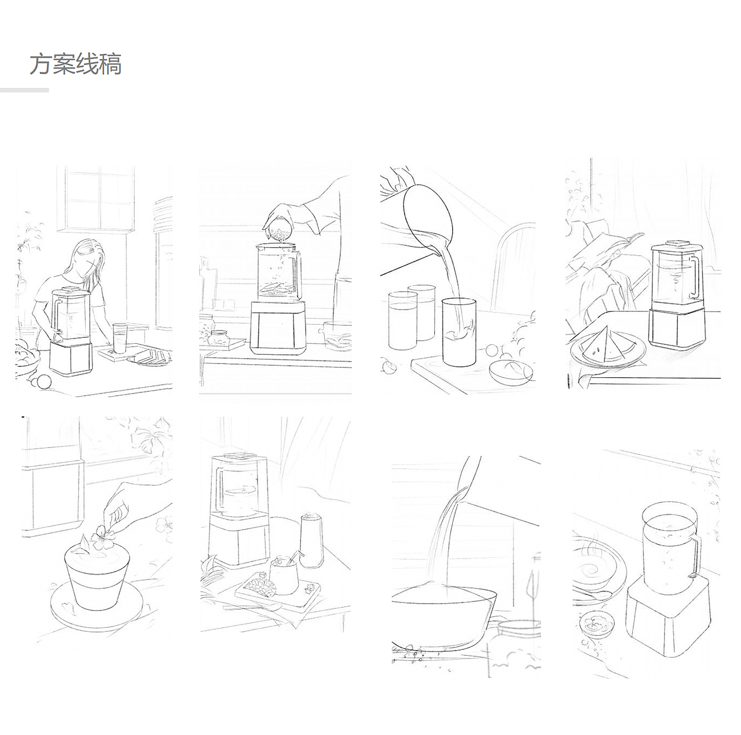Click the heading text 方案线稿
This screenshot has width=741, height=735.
76,64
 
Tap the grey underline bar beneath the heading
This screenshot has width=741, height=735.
24,90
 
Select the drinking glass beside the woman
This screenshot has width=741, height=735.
120,338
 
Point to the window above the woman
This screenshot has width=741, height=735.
96,199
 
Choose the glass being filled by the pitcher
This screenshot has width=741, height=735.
459,332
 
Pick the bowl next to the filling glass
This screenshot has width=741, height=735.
511,371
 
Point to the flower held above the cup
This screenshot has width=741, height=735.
102,534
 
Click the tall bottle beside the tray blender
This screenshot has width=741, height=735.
311,539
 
